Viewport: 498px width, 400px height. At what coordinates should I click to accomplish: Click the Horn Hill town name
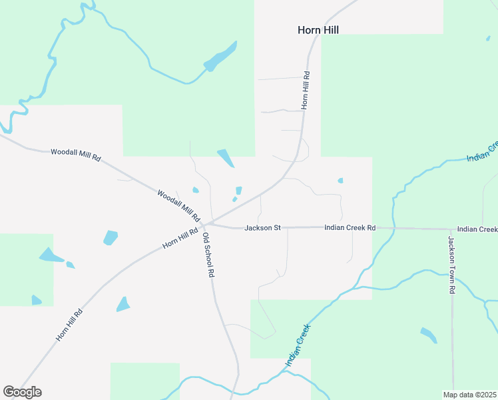tap(318, 30)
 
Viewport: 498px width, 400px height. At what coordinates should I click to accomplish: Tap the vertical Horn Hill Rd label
tap(306, 91)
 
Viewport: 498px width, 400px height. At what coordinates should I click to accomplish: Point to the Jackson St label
tap(262, 228)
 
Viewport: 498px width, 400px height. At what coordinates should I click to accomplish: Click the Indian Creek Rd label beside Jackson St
tap(350, 228)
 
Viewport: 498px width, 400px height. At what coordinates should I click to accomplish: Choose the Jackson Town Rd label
tap(451, 265)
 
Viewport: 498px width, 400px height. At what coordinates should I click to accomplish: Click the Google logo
tap(22, 392)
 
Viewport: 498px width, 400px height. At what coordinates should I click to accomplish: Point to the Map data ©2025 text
tap(470, 394)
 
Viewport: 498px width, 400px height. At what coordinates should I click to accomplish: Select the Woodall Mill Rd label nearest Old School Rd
tap(178, 205)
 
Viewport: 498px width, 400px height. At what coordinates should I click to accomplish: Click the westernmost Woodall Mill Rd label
tap(75, 155)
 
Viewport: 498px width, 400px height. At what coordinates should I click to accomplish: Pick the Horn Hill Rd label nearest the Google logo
tap(69, 325)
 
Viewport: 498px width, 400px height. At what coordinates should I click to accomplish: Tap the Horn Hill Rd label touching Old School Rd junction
tap(180, 238)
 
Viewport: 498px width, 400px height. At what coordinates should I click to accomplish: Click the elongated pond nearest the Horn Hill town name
tap(220, 57)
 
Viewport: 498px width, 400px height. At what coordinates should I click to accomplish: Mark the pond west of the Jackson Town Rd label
tap(428, 335)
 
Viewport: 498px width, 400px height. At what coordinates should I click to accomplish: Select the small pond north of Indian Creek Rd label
tap(340, 180)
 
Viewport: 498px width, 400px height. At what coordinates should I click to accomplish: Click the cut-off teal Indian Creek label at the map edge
tap(483, 152)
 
